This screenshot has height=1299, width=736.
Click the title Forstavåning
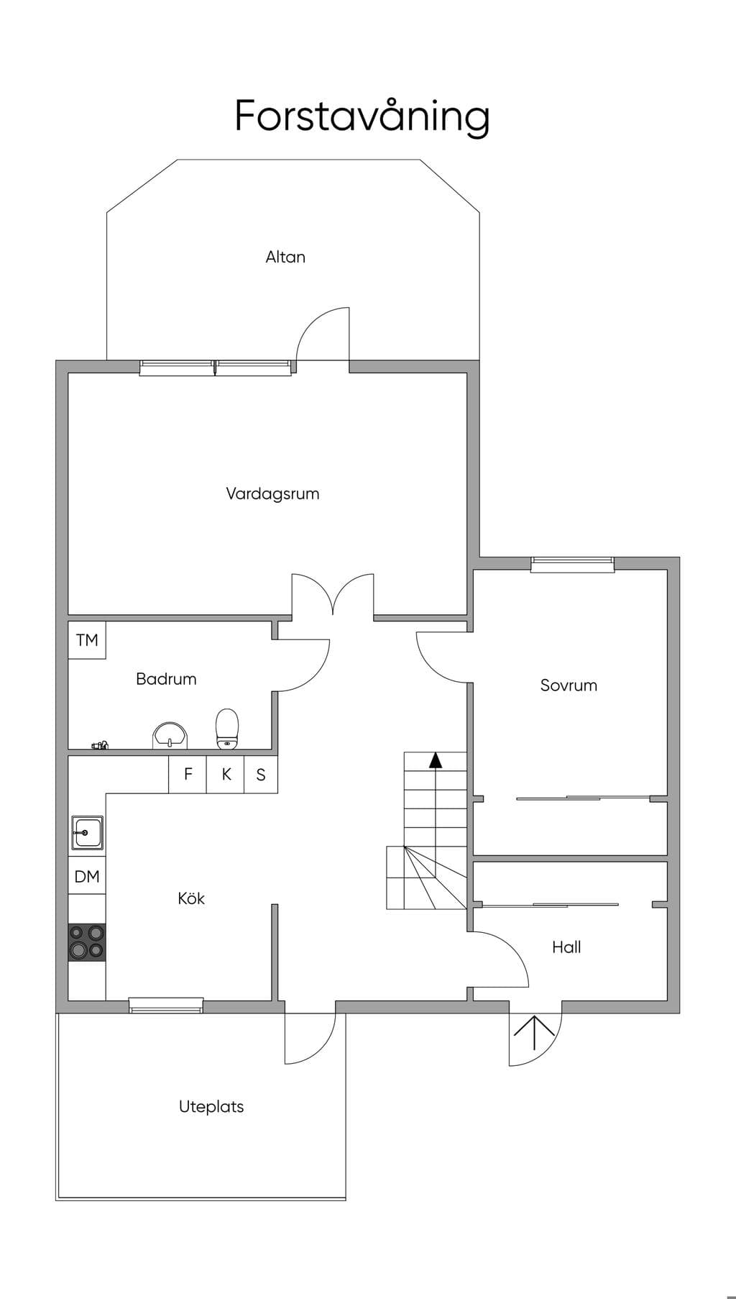(x=362, y=117)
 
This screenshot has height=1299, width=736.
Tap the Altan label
(x=285, y=257)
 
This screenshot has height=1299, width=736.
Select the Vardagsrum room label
(x=272, y=494)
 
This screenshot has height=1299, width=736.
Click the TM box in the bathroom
(x=87, y=639)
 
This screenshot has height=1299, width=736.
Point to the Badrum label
(x=166, y=679)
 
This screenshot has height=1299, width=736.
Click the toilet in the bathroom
(x=227, y=728)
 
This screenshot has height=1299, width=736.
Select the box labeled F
(x=188, y=774)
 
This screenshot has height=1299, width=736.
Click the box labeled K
(x=226, y=774)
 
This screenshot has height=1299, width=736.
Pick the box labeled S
(x=261, y=774)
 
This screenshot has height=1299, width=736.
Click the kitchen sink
(x=87, y=833)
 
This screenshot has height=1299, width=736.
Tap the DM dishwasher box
(x=87, y=876)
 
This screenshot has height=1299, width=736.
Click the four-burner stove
(x=87, y=942)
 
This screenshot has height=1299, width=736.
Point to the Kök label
(x=191, y=898)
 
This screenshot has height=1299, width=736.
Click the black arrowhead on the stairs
(x=436, y=760)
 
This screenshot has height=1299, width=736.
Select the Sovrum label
(x=569, y=685)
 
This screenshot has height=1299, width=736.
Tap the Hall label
(x=566, y=947)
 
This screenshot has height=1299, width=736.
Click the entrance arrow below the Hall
(x=534, y=1033)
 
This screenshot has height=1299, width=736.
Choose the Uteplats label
(x=211, y=1107)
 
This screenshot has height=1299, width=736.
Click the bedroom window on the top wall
(x=572, y=565)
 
